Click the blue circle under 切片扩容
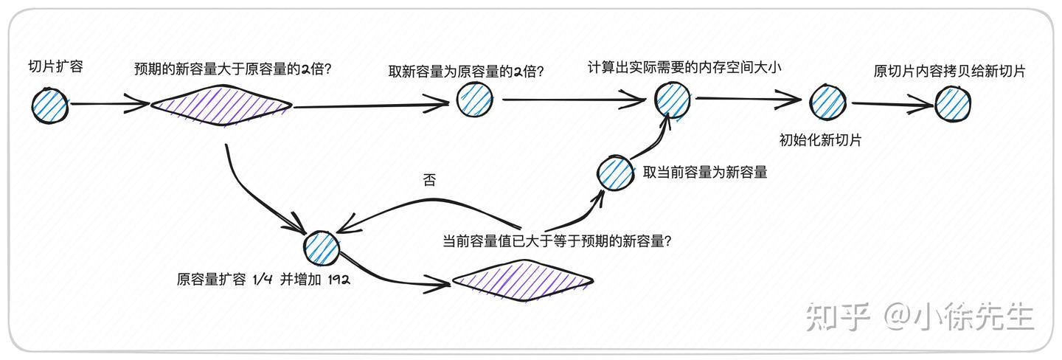point(50,105)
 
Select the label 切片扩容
point(56,66)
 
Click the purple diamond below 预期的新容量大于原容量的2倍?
point(221,105)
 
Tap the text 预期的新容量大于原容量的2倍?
point(233,69)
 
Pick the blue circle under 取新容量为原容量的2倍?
point(475,99)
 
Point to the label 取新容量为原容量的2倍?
point(466,72)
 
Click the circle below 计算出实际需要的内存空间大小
point(673,100)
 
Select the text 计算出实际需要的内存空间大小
point(684,67)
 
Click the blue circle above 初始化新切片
point(827,102)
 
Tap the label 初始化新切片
point(820,140)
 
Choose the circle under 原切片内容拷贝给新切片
point(953,104)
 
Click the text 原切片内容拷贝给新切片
point(949,71)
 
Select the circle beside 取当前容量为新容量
point(615,173)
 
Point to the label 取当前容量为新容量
point(705,172)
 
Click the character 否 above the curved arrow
point(429,180)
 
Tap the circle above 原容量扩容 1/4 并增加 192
point(322,248)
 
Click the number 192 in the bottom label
point(339,280)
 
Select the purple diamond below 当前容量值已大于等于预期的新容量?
point(523,280)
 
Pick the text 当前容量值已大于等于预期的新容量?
point(557,241)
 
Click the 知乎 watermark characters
point(839,316)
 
